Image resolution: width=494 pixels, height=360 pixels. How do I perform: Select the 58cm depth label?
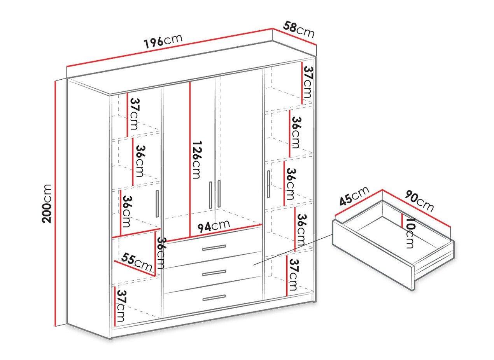pyautogui.click(x=299, y=30)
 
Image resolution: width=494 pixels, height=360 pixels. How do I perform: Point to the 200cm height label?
pyautogui.click(x=47, y=203)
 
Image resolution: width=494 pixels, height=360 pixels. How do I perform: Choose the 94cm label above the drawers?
pyautogui.click(x=214, y=226)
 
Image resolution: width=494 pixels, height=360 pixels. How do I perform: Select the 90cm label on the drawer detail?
pyautogui.click(x=419, y=201)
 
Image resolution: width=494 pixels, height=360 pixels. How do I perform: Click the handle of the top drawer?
pyautogui.click(x=214, y=248)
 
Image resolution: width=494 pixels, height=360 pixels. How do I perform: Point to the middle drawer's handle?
pyautogui.click(x=214, y=273)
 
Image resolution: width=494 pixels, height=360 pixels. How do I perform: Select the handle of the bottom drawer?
pyautogui.click(x=214, y=298)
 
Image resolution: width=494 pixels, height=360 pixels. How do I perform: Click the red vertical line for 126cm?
pyautogui.click(x=190, y=159)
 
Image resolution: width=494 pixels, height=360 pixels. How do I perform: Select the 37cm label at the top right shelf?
pyautogui.click(x=308, y=82)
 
